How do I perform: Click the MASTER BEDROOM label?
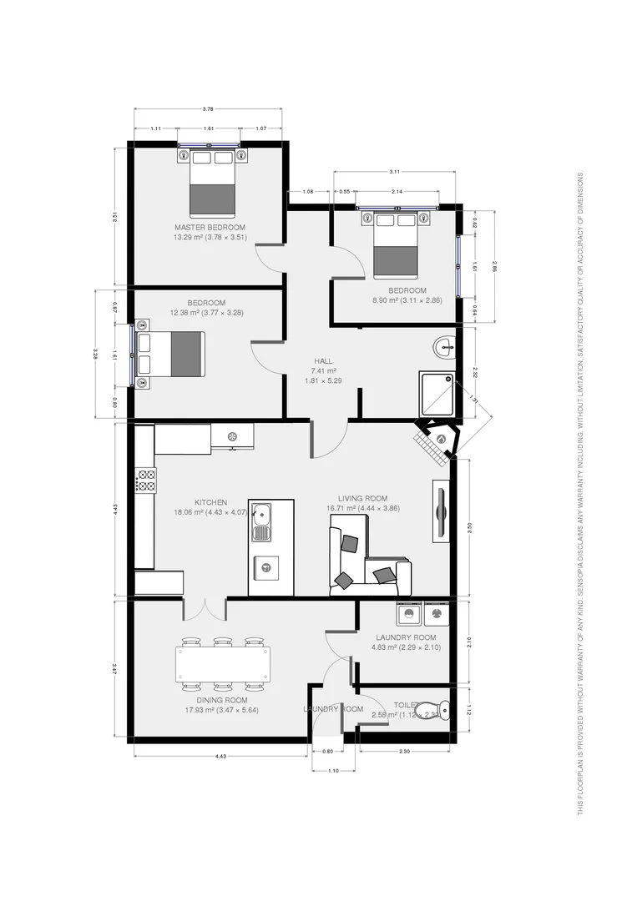[210, 228]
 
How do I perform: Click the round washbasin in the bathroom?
[444, 345]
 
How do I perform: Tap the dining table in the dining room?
[221, 665]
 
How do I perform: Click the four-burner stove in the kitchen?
[145, 480]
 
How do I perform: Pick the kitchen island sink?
[262, 521]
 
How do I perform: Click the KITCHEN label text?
[210, 502]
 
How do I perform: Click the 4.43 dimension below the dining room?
[221, 756]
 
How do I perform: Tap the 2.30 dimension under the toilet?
[404, 752]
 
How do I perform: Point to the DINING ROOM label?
[221, 700]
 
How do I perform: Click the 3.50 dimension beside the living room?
[471, 527]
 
